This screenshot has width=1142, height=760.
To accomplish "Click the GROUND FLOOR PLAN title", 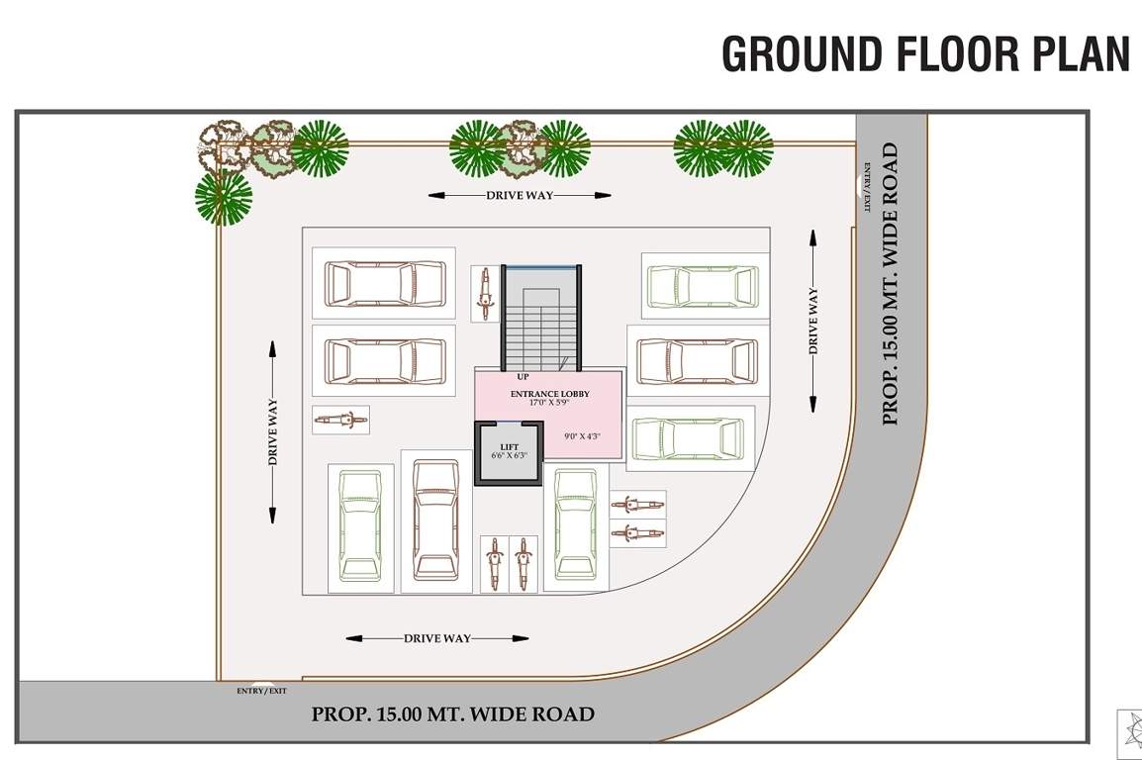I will coord(924,54).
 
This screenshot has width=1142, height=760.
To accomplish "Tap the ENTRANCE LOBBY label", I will coord(549,394).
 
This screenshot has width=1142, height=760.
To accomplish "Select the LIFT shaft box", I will coord(509,454).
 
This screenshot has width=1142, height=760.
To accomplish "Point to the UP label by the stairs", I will coord(523,377).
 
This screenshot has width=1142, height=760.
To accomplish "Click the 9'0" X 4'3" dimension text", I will coord(583,436).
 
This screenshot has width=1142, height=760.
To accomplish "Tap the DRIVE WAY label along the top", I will coord(520,195).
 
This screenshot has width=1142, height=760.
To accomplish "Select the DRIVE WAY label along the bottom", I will coord(437,638).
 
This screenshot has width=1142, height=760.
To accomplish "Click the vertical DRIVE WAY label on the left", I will coord(272,432).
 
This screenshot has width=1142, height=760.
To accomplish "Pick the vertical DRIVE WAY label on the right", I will coord(813,321).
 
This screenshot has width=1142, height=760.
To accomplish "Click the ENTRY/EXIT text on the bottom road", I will coord(262,691).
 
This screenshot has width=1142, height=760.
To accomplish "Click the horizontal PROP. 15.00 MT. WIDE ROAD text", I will coord(453,713).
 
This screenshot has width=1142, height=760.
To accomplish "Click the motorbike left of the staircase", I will coord(484,293).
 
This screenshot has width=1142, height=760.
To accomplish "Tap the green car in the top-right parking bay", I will coord(705,286).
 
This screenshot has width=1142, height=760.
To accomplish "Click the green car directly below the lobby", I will coord(575,523).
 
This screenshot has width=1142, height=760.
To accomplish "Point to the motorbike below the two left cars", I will coord(340,421).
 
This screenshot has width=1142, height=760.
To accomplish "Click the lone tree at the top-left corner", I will coord(223,197).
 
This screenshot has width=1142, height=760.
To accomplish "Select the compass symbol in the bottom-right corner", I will coord(1130,733).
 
